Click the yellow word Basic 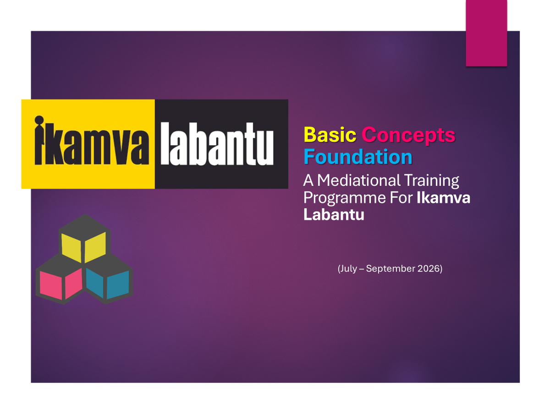[330, 134]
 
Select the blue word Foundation [358, 157]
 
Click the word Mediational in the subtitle [359, 180]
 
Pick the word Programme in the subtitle [344, 198]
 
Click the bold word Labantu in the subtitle [334, 214]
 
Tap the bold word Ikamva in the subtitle [443, 198]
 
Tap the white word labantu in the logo [217, 144]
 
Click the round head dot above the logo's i [39, 120]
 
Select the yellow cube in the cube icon [84, 240]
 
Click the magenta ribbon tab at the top [486, 33]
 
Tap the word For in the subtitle [401, 198]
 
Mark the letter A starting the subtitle [308, 180]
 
